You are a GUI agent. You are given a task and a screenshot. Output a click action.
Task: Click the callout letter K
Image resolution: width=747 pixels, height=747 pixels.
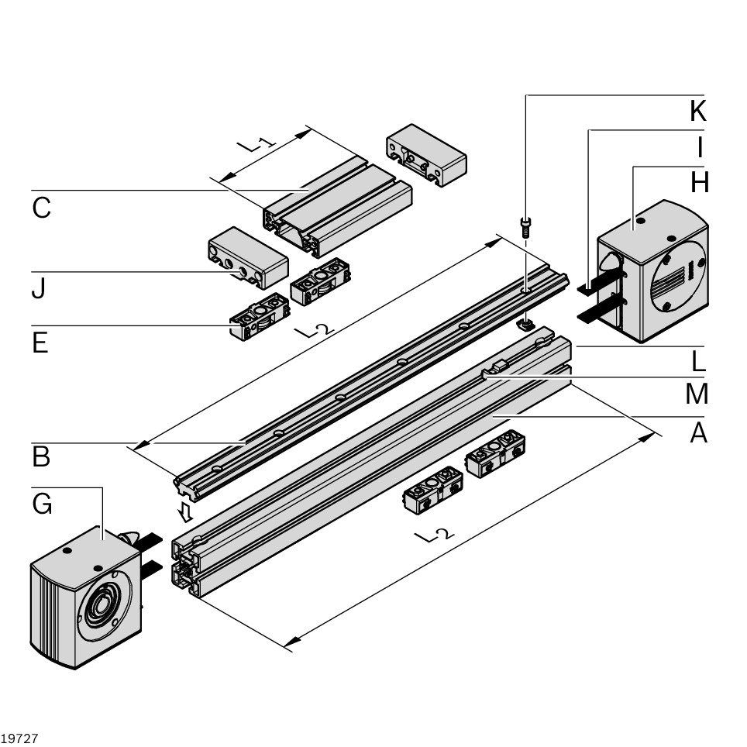tap(698, 111)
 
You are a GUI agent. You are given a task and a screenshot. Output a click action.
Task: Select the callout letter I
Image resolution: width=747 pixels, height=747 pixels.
tap(700, 146)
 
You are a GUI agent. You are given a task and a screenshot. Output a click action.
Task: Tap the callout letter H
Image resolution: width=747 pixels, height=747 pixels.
tap(700, 182)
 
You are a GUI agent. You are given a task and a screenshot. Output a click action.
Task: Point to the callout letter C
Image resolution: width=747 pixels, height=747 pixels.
tap(42, 208)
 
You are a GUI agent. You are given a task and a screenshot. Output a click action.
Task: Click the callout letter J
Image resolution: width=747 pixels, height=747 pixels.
tap(39, 289)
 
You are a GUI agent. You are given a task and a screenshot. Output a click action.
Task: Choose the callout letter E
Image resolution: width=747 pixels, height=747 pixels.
tap(40, 343)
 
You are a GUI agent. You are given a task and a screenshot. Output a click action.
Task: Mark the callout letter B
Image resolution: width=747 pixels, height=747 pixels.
tap(41, 457)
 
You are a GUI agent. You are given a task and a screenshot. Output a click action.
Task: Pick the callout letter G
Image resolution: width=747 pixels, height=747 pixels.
tap(43, 504)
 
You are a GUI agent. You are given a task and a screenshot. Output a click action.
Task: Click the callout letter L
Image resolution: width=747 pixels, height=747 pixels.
tap(699, 360)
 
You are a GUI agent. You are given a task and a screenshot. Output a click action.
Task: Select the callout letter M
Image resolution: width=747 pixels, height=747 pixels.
tap(697, 394)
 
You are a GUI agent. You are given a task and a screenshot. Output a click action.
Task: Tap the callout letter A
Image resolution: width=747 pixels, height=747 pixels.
tap(699, 433)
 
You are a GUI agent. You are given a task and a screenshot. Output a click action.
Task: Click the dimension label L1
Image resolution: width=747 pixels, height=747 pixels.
tap(255, 144)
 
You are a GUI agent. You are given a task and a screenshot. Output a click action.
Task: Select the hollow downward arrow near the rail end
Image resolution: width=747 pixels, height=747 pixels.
tap(184, 511)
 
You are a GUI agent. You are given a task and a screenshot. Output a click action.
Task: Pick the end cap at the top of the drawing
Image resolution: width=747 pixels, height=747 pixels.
tap(425, 154)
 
